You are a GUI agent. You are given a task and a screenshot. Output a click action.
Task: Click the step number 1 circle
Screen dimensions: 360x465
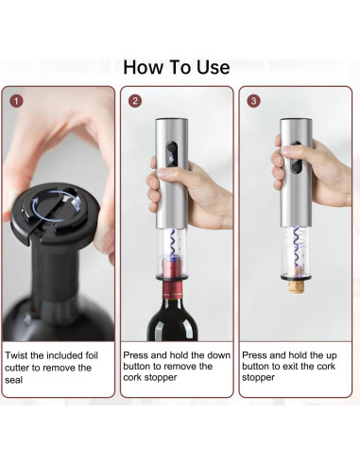tap(16, 101)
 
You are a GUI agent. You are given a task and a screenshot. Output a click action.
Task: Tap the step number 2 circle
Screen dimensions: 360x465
tap(135, 101)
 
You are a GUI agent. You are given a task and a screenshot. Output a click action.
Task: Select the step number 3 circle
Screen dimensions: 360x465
tap(254, 101)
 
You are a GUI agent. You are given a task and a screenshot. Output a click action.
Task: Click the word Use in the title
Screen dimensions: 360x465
tap(214, 67)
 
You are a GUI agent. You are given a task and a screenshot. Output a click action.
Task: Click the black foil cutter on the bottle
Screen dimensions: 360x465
tap(55, 215)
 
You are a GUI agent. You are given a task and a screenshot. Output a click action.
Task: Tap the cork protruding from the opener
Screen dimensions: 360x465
tap(296, 285)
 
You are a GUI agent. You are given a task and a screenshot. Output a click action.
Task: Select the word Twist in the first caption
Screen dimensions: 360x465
tap(17, 355)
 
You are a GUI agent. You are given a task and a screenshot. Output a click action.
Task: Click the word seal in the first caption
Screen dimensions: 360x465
tap(13, 380)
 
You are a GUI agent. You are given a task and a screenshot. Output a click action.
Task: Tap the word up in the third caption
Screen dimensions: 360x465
tap(331, 356)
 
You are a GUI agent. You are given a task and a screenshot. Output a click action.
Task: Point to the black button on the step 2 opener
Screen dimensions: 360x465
tap(172, 153)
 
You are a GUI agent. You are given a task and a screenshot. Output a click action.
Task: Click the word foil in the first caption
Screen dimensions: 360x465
tap(92, 355)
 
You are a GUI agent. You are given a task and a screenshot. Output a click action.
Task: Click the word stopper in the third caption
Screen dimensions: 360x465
tap(258, 377)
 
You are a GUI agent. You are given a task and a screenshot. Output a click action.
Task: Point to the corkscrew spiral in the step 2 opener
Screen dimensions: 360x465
tap(173, 246)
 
